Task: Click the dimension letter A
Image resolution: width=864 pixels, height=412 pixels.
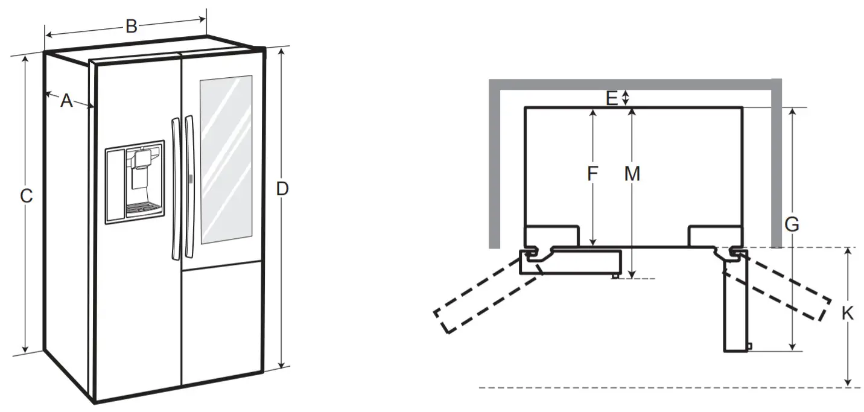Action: [x=66, y=101]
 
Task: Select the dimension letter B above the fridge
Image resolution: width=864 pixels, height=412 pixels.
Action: [x=131, y=26]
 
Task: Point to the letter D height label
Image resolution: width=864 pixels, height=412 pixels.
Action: [x=282, y=189]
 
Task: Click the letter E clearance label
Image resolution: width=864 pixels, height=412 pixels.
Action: [x=612, y=98]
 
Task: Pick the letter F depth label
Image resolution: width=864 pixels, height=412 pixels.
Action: [x=592, y=174]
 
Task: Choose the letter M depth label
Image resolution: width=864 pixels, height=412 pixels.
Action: [x=632, y=174]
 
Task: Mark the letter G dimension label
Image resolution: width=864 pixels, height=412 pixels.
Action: [x=792, y=225]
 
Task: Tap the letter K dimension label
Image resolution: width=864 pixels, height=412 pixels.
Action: [x=848, y=314]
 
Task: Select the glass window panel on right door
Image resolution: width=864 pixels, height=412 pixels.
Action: [x=226, y=159]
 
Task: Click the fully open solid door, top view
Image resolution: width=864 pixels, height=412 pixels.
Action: [x=736, y=308]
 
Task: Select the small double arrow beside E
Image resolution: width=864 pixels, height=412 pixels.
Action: [x=626, y=98]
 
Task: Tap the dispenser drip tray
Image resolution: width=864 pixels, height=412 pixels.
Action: [x=144, y=209]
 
